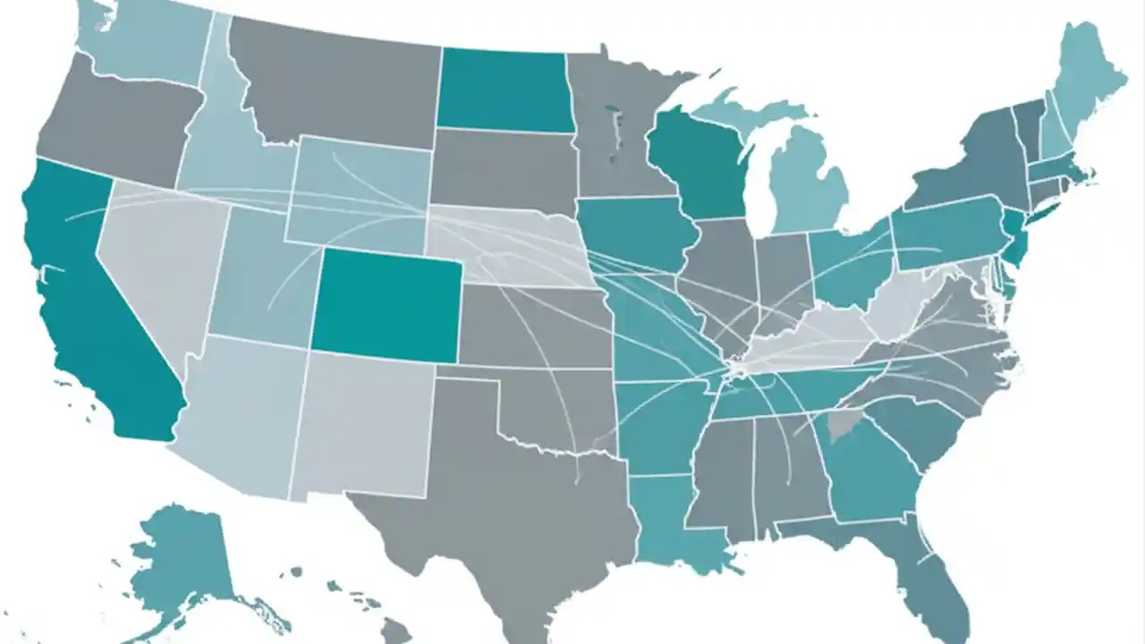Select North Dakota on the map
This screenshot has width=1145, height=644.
(504, 89)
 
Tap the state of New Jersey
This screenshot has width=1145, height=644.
(1014, 237)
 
